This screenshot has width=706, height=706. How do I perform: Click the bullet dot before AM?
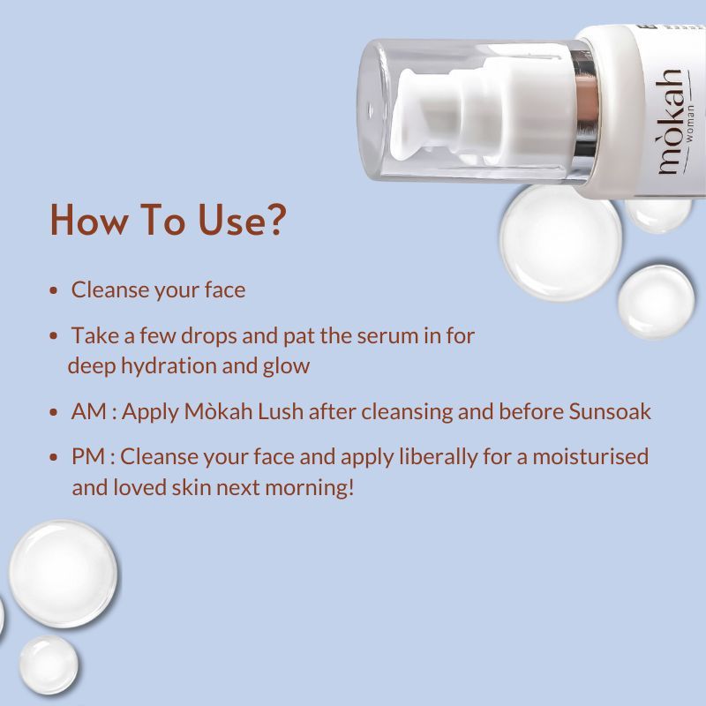[x=56, y=412]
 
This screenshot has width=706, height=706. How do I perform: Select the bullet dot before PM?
[x=56, y=457]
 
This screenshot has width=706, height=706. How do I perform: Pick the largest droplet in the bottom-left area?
[x=62, y=573]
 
